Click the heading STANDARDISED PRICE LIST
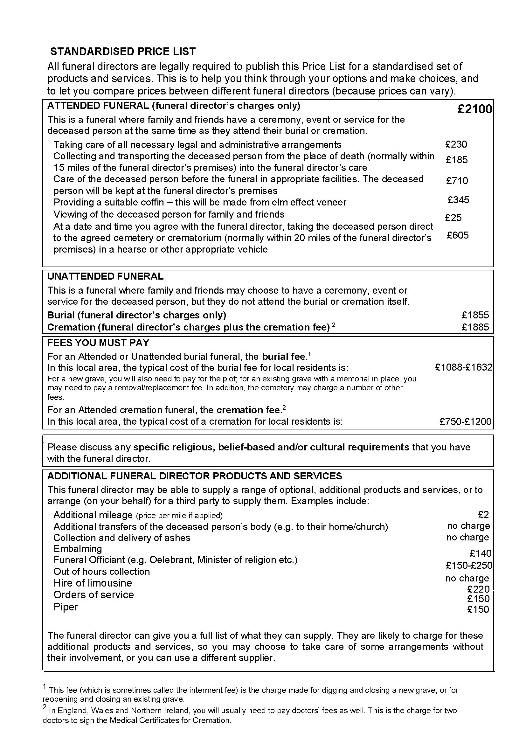pos(123,52)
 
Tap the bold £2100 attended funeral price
pos(474,109)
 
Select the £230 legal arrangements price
pos(456,144)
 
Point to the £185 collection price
pos(457,160)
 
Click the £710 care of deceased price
pos(457,180)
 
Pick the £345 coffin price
pos(458,200)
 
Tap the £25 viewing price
pos(453,218)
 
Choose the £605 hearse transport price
pos(458,235)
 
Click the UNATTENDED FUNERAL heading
pos(105,276)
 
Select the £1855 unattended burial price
pos(475,315)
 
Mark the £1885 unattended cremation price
pos(475,327)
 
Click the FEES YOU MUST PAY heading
pos(98,343)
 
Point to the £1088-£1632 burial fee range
pos(463,367)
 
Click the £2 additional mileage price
pos(483,514)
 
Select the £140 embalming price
pos(481,553)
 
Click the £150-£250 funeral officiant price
pos(469,566)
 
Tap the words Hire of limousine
pos(93,583)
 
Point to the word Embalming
pos(78,549)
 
